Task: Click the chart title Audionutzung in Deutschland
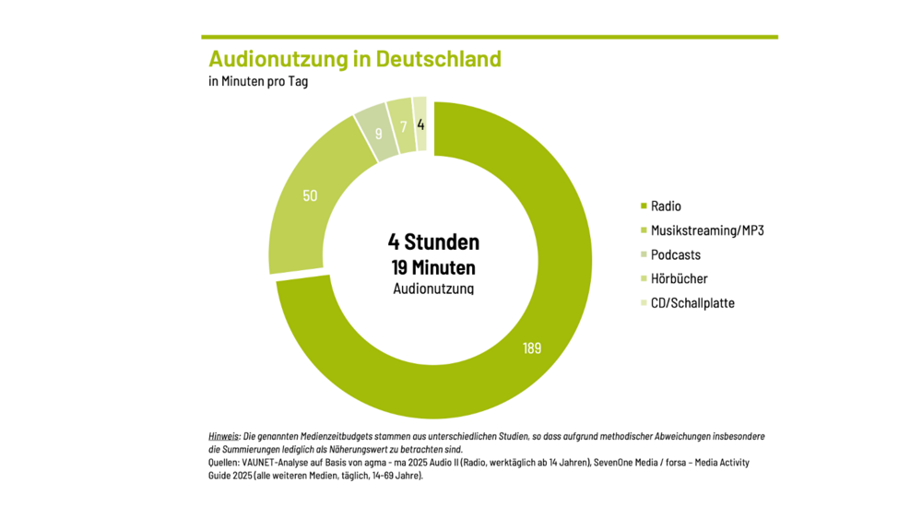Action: pos(355,59)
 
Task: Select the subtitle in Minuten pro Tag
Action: pos(258,82)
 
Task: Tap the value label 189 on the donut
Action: pos(531,348)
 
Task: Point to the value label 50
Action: pos(310,195)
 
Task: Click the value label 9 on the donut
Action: pos(379,134)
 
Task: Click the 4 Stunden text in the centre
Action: pos(433,242)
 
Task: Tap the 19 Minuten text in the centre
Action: pos(433,268)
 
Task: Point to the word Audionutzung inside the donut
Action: pos(433,288)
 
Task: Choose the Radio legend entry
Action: pos(666,206)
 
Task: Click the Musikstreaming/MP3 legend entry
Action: pos(707,230)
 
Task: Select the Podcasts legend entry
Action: pos(676,254)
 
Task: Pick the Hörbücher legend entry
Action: pos(680,279)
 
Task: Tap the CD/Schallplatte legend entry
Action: pos(692,303)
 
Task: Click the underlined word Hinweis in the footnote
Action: pos(224,435)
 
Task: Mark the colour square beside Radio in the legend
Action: pos(643,206)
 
